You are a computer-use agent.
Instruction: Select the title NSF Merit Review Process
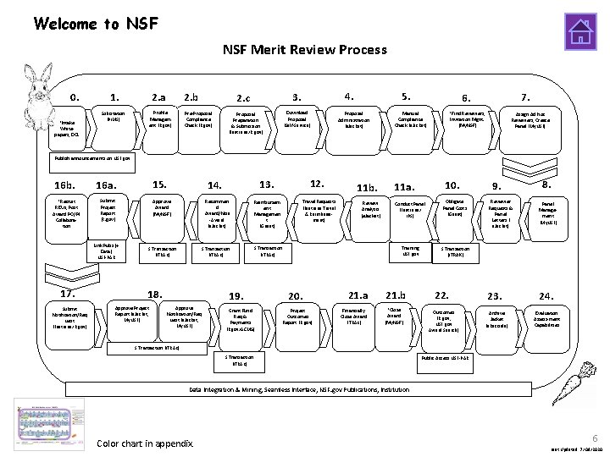(305, 49)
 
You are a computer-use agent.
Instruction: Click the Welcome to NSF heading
(96, 23)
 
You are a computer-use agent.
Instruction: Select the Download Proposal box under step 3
(297, 118)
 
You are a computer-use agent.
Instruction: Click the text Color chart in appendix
(145, 444)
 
